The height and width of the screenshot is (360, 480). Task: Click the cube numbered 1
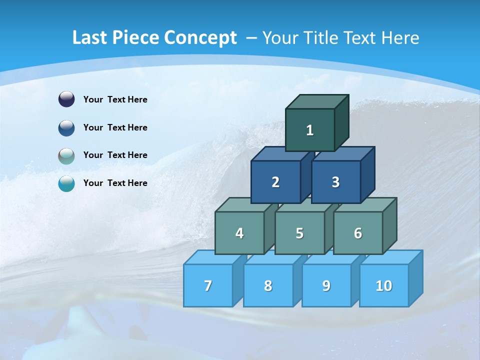coord(310,130)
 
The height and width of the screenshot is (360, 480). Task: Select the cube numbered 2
coord(275,182)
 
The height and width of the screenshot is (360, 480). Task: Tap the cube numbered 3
coord(335,182)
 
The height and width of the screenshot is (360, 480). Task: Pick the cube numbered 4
coord(239,233)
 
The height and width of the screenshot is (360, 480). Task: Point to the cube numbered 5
coord(299,233)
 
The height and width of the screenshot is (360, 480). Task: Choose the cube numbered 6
coord(357,233)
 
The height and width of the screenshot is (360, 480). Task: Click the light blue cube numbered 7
coord(208,285)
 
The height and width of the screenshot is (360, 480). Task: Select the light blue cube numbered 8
coord(268,285)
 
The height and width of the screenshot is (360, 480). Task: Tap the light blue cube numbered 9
coord(326,285)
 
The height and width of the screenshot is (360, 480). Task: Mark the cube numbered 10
coord(383,285)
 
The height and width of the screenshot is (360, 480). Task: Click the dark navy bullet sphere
coord(66,99)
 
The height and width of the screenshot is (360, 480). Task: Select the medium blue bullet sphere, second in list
coord(66,127)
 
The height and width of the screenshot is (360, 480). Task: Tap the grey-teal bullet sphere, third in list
coord(66,155)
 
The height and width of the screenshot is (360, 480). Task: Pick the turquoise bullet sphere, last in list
coord(66,183)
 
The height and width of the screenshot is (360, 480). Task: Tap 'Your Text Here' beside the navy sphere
coord(115,99)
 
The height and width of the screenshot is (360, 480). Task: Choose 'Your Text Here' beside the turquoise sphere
coord(115,183)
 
